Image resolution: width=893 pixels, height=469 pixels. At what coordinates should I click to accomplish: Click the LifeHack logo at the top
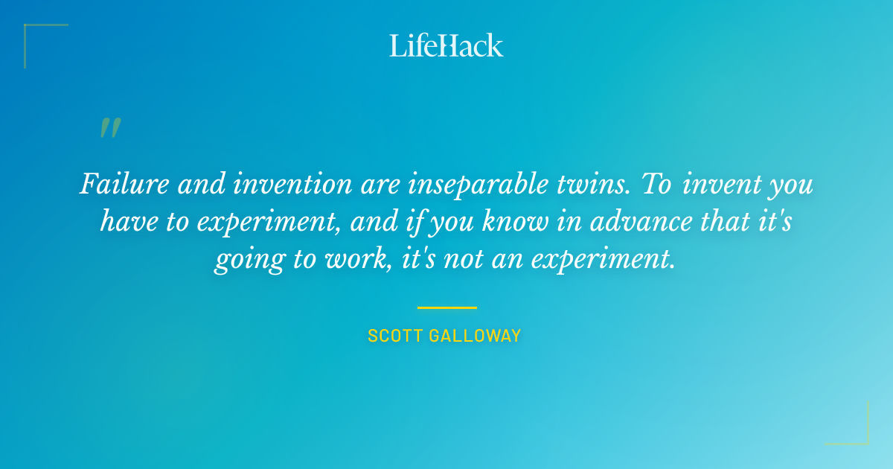tap(446, 45)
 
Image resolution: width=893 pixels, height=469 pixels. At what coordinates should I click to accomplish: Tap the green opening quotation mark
tap(109, 128)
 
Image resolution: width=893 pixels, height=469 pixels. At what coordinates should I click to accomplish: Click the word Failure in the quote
tap(119, 184)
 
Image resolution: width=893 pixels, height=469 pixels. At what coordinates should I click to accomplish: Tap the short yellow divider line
tap(446, 307)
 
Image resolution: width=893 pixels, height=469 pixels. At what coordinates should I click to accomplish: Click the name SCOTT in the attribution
tap(395, 336)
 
